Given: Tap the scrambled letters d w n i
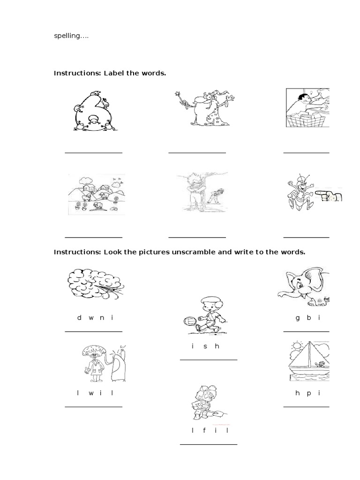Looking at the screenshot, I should [x=96, y=317].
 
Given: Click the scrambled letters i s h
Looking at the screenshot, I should [x=205, y=346].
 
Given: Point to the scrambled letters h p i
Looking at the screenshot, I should [x=308, y=393].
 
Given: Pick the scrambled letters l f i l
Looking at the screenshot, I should [x=205, y=430].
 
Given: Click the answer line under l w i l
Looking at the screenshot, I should [x=93, y=406].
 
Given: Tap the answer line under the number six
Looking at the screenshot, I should [x=93, y=152].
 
